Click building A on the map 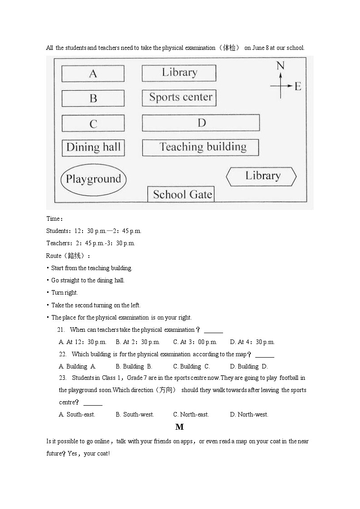pos(93,73)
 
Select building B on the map pos(93,98)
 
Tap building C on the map pos(93,124)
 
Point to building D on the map pos(201,123)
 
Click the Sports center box pos(180,97)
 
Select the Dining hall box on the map pos(93,147)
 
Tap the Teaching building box pos(200,147)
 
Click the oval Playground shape pos(93,179)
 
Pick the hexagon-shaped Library pos(262,176)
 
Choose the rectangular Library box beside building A pos(179,73)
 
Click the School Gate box pos(181,194)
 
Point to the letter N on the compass pos(280,66)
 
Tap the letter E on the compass pos(298,86)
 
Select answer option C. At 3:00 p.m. pos(195,342)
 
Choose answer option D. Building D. pos(249,366)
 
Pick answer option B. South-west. pos(135,414)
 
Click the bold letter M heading pos(180,427)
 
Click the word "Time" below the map pos(53,218)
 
